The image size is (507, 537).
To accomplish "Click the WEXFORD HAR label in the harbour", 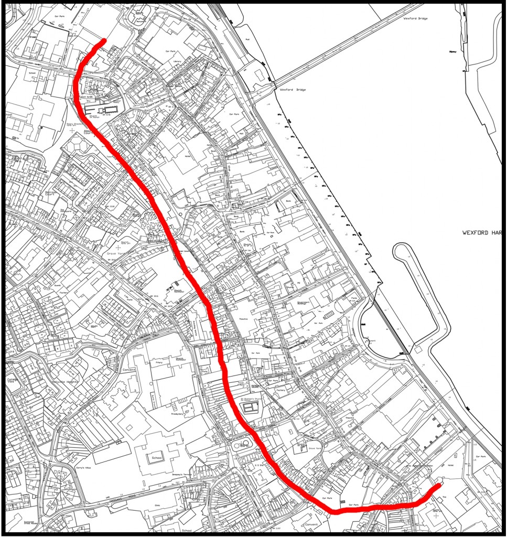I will click(483, 232).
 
